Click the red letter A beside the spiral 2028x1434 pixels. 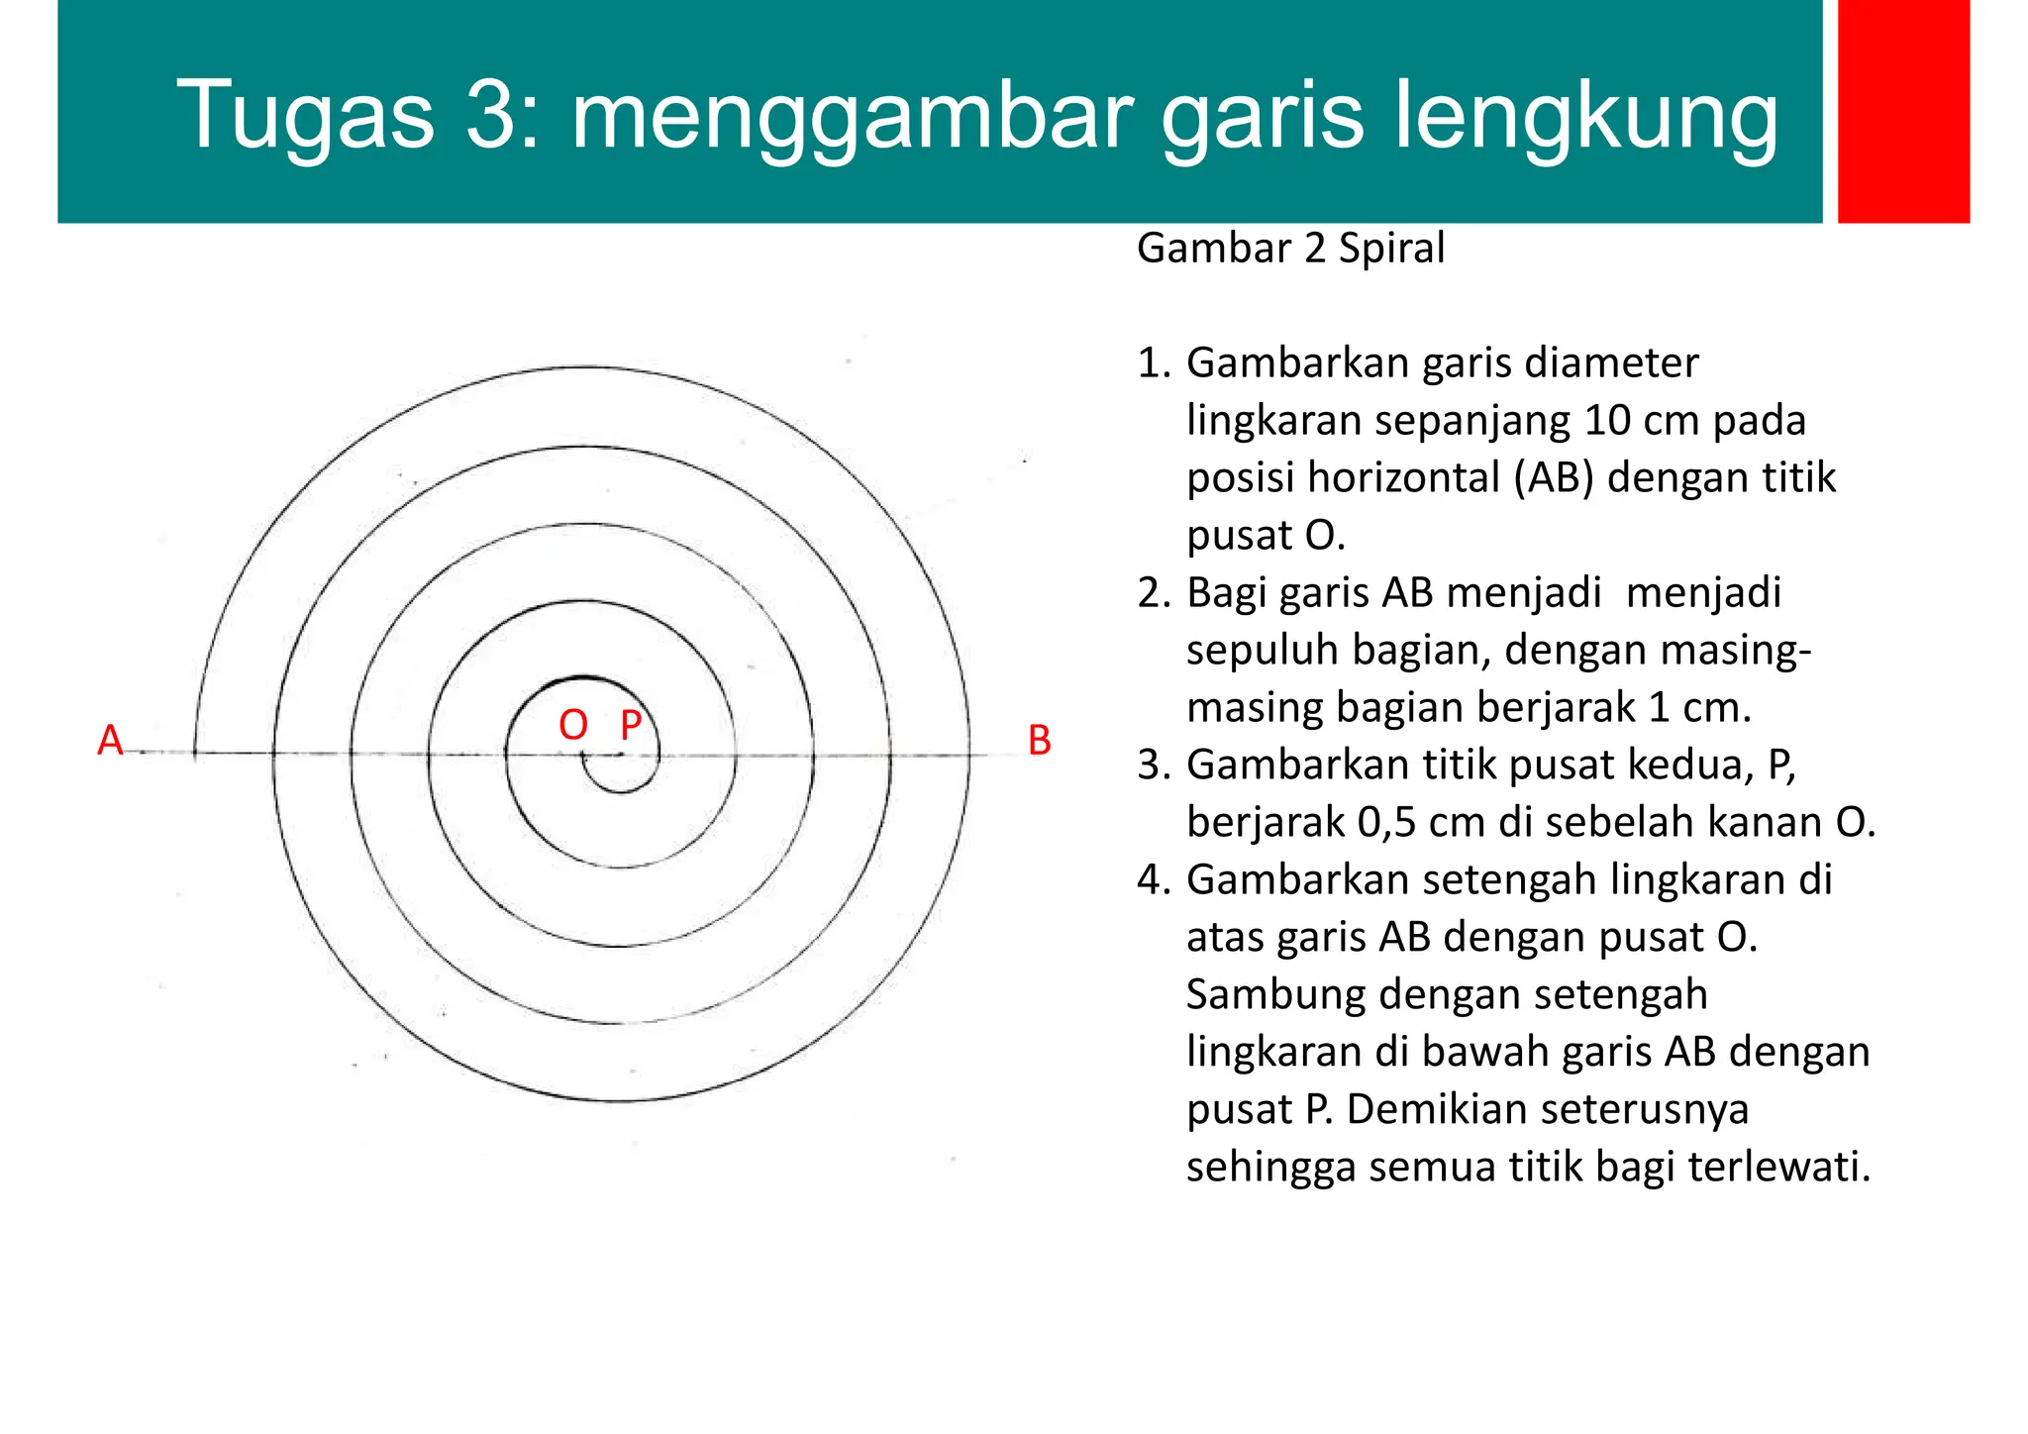point(110,741)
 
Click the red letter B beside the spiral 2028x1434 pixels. point(1039,741)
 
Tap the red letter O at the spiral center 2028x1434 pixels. point(573,726)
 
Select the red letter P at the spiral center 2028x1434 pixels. point(631,726)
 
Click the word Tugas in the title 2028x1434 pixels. point(305,116)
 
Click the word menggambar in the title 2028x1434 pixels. point(853,116)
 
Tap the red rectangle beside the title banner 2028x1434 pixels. point(1903,111)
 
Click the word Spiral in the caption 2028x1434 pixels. point(1391,248)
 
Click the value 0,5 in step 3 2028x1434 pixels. point(1388,823)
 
